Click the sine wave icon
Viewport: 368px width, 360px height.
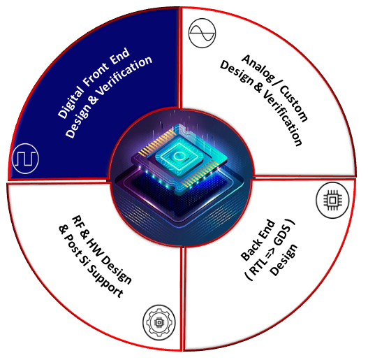pyautogui.click(x=202, y=33)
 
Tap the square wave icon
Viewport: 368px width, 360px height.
pyautogui.click(x=25, y=159)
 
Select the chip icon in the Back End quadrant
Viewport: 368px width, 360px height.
pyautogui.click(x=332, y=200)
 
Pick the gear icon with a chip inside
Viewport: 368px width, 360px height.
pyautogui.click(x=159, y=322)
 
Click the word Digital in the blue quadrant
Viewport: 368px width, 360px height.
pyautogui.click(x=70, y=103)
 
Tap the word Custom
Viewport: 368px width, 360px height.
pyautogui.click(x=293, y=103)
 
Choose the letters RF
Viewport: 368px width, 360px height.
pyautogui.click(x=78, y=222)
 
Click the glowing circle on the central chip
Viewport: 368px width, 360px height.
pyautogui.click(x=177, y=156)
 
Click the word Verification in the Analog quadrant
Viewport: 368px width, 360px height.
pyautogui.click(x=282, y=118)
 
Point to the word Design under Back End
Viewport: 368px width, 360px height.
pyautogui.click(x=284, y=260)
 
